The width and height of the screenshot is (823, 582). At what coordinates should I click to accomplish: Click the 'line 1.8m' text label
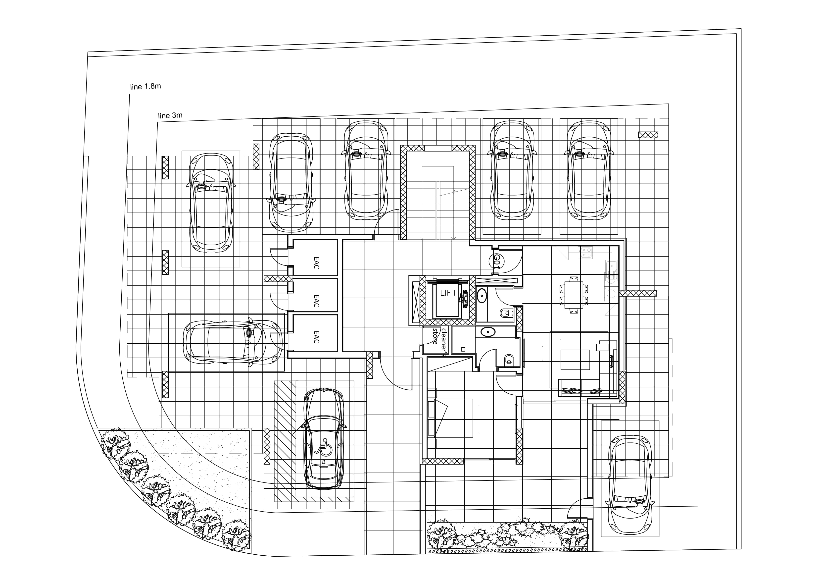(x=145, y=86)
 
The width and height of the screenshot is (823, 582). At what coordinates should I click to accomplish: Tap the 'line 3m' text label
(x=170, y=115)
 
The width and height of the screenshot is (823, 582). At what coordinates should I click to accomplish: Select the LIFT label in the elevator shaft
(x=448, y=293)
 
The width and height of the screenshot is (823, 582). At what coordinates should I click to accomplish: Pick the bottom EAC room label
(x=316, y=337)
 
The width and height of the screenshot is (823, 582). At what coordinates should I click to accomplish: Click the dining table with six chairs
(x=574, y=295)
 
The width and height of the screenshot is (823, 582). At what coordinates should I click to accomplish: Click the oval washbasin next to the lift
(x=482, y=296)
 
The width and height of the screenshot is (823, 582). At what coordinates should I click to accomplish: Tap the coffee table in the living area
(x=575, y=360)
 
